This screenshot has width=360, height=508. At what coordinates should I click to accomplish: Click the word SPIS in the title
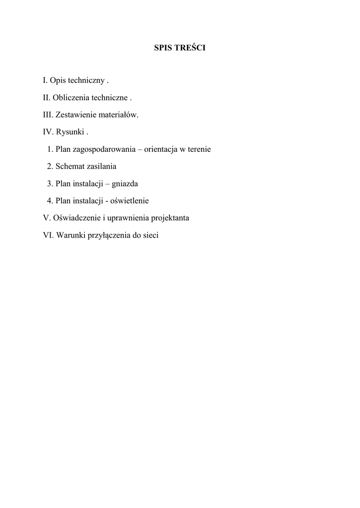[163, 48]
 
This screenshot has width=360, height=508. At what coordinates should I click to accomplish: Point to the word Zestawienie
[76, 115]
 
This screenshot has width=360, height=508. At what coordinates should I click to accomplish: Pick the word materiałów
[119, 115]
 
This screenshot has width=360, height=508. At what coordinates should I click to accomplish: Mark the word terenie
[199, 149]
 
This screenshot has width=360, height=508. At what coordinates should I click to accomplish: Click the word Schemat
[70, 166]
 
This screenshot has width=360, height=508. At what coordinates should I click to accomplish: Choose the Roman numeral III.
[48, 115]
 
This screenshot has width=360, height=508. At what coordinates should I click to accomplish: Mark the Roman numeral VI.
[48, 235]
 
